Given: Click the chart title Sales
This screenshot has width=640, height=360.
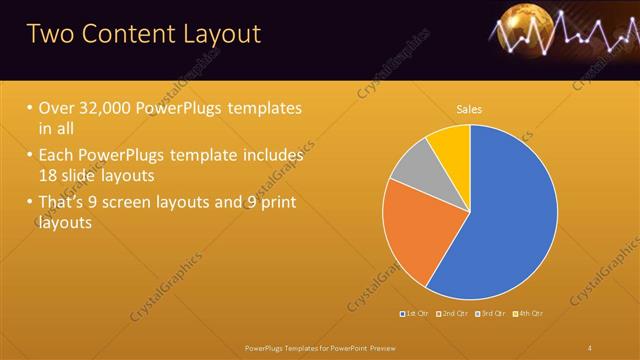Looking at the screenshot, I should [x=469, y=108].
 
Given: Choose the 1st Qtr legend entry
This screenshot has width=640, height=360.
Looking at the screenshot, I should [x=416, y=314].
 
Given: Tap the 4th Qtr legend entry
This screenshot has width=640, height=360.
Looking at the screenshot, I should [x=530, y=314].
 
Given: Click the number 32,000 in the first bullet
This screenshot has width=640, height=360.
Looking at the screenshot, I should [x=109, y=108].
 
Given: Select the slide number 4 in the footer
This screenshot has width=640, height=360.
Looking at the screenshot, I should [x=589, y=347].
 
